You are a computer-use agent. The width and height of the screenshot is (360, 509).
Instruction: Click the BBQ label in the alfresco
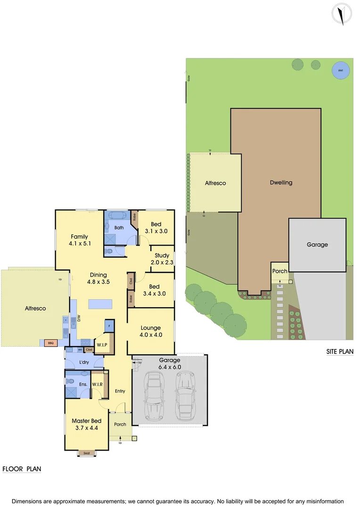[50, 343]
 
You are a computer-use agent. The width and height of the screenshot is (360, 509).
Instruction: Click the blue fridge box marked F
[109, 326]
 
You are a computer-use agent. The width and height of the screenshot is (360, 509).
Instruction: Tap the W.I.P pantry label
[103, 345]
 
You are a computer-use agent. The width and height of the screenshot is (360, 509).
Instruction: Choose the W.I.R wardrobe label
[98, 384]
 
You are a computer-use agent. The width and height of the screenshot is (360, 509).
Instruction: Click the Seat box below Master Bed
[86, 453]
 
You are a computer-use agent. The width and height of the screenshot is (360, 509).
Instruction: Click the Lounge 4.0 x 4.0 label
[151, 331]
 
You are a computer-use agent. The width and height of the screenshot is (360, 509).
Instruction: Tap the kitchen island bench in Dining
[100, 304]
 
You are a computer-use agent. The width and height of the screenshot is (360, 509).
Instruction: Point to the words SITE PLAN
[340, 352]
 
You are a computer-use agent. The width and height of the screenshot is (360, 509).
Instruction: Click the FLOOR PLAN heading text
[22, 469]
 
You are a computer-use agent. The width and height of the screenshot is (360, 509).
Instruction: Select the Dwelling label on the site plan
[281, 182]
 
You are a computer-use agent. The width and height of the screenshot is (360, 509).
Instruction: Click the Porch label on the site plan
[280, 271]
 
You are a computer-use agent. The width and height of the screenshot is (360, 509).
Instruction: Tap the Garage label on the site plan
[317, 245]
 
